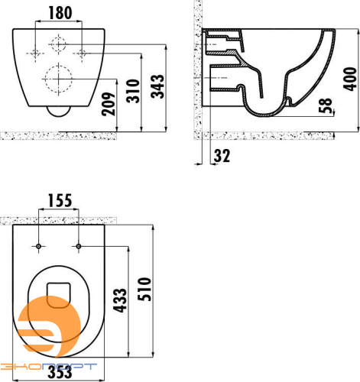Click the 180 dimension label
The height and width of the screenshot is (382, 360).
point(60,13)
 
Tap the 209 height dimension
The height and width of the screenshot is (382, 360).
point(109,104)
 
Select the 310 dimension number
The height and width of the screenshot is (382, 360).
point(133,91)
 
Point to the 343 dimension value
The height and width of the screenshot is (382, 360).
point(157,86)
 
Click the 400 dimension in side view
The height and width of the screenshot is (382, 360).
point(350,79)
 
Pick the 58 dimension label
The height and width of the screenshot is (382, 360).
point(326,105)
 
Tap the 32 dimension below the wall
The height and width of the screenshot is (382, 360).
point(222,156)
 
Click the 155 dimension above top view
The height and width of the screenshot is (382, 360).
point(60,200)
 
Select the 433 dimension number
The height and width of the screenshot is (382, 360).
point(119,300)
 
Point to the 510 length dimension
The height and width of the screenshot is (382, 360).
point(144,289)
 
